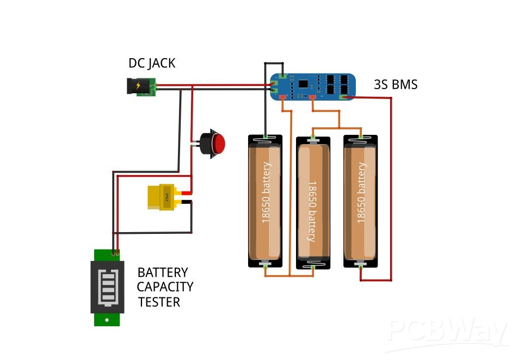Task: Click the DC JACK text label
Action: [x=152, y=63]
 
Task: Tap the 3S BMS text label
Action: [x=396, y=84]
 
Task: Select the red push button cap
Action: [x=218, y=144]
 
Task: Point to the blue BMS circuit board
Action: [x=313, y=86]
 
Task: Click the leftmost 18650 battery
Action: [x=266, y=201]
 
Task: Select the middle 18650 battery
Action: [x=313, y=202]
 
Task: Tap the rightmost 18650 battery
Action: [x=361, y=201]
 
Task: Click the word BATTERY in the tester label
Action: [x=162, y=272]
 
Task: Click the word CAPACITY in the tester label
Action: [x=165, y=287]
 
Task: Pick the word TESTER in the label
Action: [x=159, y=302]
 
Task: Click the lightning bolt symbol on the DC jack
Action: [x=138, y=86]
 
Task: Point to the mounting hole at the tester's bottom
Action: [x=107, y=319]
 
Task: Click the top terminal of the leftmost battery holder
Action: [x=266, y=137]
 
